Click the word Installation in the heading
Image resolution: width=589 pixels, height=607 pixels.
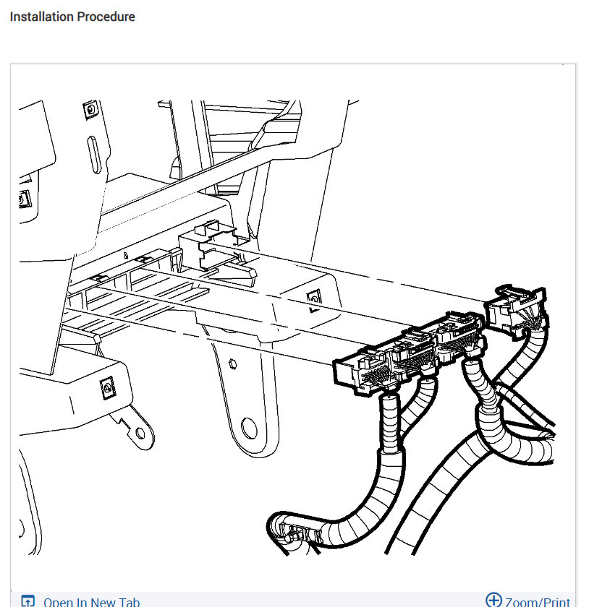tap(41, 16)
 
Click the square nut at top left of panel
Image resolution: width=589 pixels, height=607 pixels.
tap(90, 110)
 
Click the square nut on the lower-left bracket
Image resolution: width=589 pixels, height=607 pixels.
tap(107, 389)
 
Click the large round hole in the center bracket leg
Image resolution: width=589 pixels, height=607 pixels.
tap(248, 428)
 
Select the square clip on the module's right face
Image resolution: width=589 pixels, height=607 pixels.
tap(313, 296)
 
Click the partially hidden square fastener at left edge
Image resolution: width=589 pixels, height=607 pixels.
tap(24, 198)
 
